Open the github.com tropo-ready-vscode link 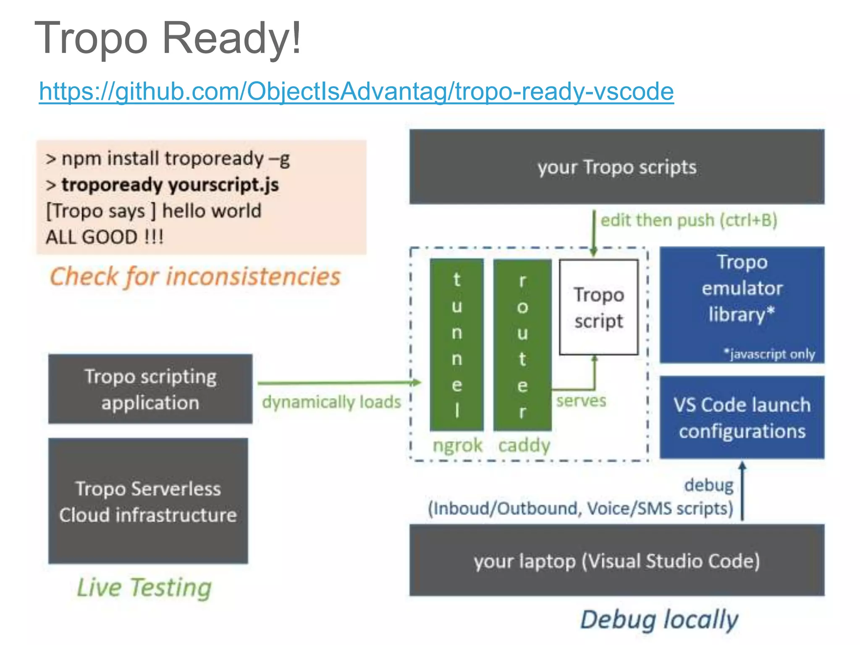[x=356, y=92]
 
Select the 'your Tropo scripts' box [x=616, y=167]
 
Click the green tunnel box [x=457, y=344]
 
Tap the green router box [x=522, y=344]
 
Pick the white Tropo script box [x=598, y=307]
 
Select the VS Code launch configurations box [x=742, y=417]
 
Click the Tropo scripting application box [x=150, y=389]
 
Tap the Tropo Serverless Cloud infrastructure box [x=148, y=501]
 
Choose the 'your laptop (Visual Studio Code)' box [x=616, y=561]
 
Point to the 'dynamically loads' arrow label [x=331, y=402]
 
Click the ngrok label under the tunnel [x=457, y=445]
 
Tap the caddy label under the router [x=524, y=445]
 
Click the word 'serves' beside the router [x=581, y=401]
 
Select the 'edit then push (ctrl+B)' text [x=689, y=220]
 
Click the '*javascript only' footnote [x=769, y=354]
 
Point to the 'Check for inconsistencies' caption [x=195, y=277]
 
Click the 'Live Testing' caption [x=144, y=587]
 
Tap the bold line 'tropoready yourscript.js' [x=170, y=185]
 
